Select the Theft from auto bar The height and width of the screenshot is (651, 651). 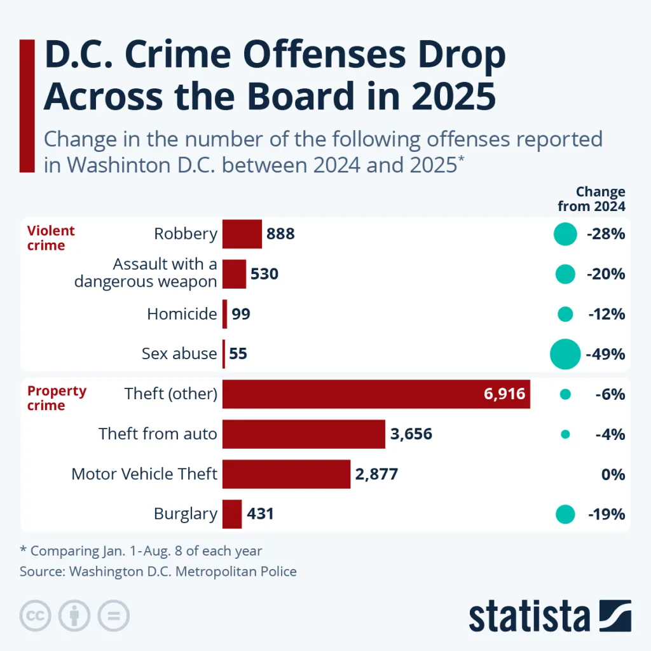[x=304, y=434]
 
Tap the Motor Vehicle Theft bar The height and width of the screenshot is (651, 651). [x=286, y=474]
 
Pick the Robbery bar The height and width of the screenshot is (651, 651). [x=242, y=234]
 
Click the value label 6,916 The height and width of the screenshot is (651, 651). [x=504, y=394]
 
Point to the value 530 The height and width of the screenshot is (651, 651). [x=264, y=274]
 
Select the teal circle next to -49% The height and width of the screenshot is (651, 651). [x=565, y=354]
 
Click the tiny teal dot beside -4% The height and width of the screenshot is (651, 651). [x=565, y=434]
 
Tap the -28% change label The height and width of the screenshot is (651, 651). [x=606, y=234]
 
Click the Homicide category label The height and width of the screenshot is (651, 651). [x=182, y=314]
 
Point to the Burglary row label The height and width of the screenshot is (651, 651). [x=185, y=514]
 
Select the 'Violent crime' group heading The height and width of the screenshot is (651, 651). [x=51, y=238]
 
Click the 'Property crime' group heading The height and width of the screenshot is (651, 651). [x=57, y=398]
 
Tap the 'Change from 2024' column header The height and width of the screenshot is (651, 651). [x=591, y=199]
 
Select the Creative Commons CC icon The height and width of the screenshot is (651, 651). [x=36, y=615]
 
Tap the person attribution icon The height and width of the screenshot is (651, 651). [x=74, y=615]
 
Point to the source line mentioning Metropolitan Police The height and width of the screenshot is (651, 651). [x=158, y=571]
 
